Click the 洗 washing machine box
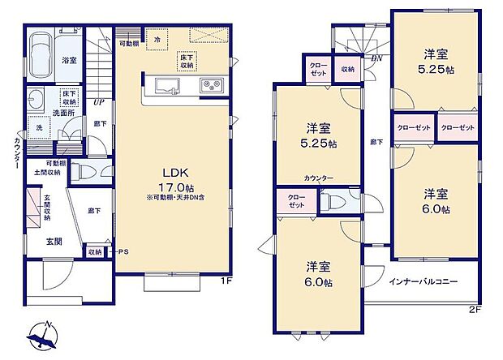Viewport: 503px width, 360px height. [x=37, y=128]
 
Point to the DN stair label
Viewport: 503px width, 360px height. [x=376, y=58]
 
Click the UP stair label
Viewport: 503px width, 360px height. [x=98, y=102]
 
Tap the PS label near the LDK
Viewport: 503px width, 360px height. [x=123, y=251]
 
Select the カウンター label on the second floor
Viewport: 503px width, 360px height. [x=319, y=178]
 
